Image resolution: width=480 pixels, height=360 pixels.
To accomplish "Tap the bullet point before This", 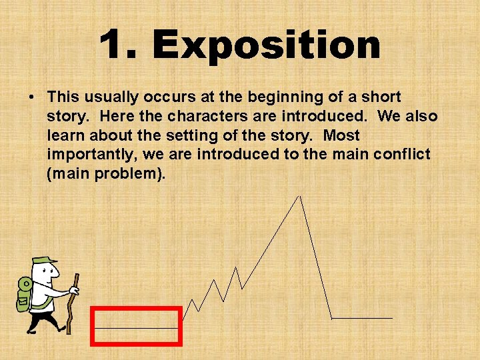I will [32, 97].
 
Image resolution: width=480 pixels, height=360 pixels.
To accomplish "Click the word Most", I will [341, 136].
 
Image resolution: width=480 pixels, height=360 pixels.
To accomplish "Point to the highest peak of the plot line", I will [300, 197].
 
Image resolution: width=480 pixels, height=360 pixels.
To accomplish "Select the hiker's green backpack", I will [23, 293].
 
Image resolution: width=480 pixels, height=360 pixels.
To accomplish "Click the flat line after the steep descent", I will [362, 318].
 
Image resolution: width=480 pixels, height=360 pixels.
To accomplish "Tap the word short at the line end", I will [379, 97].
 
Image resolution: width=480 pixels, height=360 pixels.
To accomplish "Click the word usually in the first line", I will [106, 97].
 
